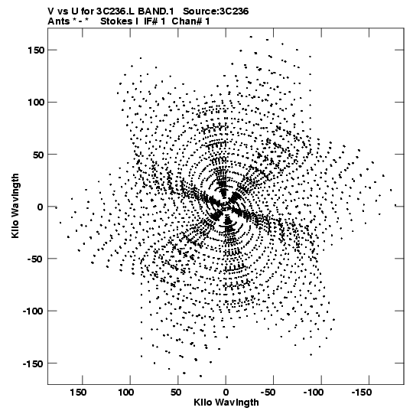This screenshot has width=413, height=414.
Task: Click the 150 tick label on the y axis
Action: point(36,50)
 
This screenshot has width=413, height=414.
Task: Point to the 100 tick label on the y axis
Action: point(36,103)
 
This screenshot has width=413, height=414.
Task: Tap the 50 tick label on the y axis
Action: point(38,155)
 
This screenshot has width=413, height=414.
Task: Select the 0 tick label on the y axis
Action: point(40,207)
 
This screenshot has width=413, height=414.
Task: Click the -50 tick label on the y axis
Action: point(36,259)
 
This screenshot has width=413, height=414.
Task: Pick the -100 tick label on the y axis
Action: point(33,311)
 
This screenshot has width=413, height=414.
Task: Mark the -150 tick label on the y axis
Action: point(33,363)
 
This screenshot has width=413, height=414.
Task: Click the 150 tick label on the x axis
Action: point(78,393)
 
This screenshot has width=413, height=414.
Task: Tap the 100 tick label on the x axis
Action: point(126,393)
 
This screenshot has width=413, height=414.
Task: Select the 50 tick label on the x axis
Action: point(176,393)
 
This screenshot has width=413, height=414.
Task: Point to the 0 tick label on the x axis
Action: point(226,393)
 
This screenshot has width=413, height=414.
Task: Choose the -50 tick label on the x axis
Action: point(268,393)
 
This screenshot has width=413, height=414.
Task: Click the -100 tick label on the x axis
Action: point(314,393)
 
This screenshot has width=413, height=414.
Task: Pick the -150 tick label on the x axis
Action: point(362,393)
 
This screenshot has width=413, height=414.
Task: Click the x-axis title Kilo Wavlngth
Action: point(226,403)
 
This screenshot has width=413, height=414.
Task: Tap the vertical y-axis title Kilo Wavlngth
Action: point(15,206)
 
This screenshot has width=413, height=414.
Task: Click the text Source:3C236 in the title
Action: point(216,11)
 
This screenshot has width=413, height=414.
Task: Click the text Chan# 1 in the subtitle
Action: point(190,21)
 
